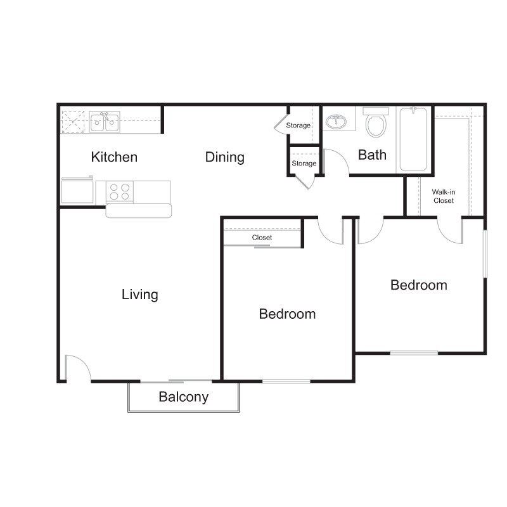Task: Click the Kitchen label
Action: pyautogui.click(x=114, y=157)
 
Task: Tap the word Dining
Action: pyautogui.click(x=224, y=157)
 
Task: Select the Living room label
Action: pyautogui.click(x=140, y=295)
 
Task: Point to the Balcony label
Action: pyautogui.click(x=183, y=397)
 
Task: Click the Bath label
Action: pyautogui.click(x=372, y=155)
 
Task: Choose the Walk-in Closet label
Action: pyautogui.click(x=443, y=196)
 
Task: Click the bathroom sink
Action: pyautogui.click(x=338, y=120)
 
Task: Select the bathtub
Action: pyautogui.click(x=413, y=139)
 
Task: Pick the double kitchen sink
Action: pyautogui.click(x=105, y=121)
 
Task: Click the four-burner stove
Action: pyautogui.click(x=119, y=191)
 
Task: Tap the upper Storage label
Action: pyautogui.click(x=298, y=125)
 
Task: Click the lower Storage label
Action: pyautogui.click(x=304, y=164)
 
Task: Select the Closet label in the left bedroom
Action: pyautogui.click(x=262, y=238)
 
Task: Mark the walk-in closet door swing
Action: pyautogui.click(x=451, y=229)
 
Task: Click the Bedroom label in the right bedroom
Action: pyautogui.click(x=418, y=285)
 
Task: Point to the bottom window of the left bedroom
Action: pyautogui.click(x=286, y=381)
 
